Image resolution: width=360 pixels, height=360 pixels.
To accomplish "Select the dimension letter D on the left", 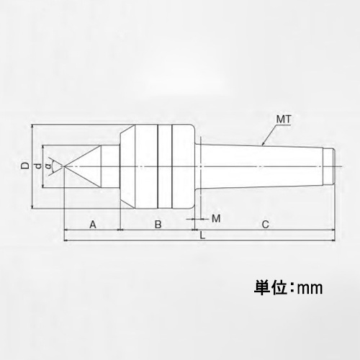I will [25, 166].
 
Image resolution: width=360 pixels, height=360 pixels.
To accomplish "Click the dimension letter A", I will [92, 225].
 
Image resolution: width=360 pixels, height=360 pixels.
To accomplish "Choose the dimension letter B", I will [158, 225].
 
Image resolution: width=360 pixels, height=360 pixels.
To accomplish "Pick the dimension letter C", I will [265, 225].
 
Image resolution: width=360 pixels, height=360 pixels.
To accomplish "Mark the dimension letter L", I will [202, 235].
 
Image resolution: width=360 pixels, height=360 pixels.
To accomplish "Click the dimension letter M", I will [215, 217].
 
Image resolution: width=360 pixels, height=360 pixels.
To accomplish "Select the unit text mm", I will [311, 288].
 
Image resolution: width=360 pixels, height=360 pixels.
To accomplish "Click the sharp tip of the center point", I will [65, 167].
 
